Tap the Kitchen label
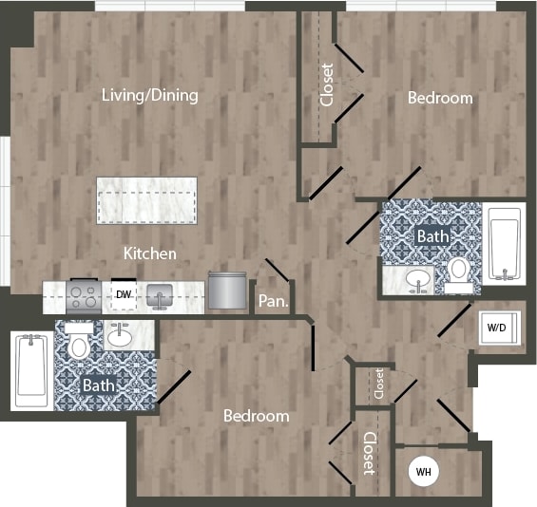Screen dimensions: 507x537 149,253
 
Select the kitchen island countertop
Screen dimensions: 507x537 146,200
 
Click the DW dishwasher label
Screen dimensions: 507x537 123,295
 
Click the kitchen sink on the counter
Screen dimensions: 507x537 159,296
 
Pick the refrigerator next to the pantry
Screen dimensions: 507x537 226,291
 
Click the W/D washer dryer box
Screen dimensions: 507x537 497,329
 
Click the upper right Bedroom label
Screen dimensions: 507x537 440,98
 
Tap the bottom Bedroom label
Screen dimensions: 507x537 256,416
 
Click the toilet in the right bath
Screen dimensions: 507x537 459,270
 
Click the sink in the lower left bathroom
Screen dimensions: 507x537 120,336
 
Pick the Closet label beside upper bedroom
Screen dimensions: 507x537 327,84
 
